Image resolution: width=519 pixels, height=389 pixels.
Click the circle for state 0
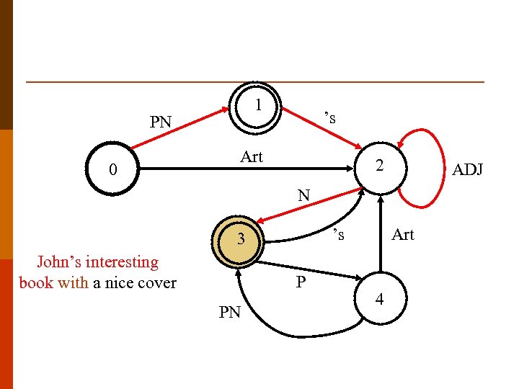click(x=112, y=171)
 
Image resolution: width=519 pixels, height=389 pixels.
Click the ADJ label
click(x=467, y=170)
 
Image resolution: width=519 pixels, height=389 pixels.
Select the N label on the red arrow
click(x=303, y=195)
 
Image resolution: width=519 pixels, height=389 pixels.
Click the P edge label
click(x=301, y=282)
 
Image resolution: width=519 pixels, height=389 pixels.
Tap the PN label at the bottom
click(x=229, y=312)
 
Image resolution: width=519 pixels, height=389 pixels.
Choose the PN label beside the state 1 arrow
click(x=160, y=122)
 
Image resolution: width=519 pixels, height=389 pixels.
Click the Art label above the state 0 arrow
click(x=252, y=157)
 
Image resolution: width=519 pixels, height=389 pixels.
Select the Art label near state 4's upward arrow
click(x=402, y=235)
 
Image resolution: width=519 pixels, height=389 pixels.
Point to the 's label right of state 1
click(x=330, y=117)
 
